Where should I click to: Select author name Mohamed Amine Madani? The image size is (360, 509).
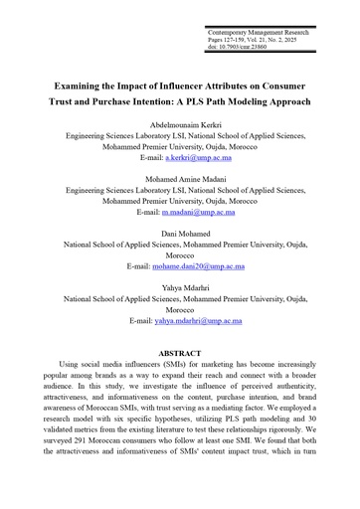click(180, 175)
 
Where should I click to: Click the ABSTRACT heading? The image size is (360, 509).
click(180, 353)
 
